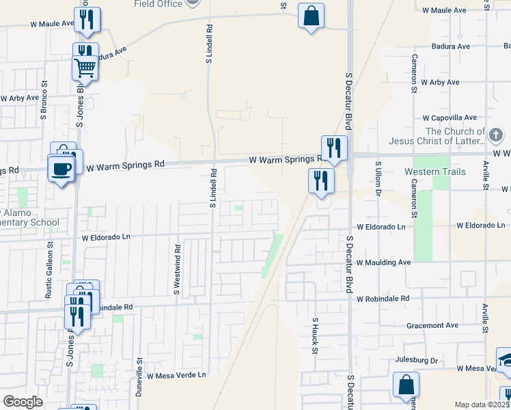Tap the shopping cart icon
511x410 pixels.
pos(85,68)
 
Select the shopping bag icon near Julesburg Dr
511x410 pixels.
pos(406,384)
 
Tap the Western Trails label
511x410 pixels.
pos(435,171)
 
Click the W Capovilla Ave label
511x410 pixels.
pos(449,118)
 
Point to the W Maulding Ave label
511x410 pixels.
pos(383,262)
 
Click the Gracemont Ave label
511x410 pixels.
pos(432,325)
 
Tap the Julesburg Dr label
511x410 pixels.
pos(416,359)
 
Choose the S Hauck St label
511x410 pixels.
pos(316,335)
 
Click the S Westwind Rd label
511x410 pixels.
pos(176,270)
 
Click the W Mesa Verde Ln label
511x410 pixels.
pos(176,375)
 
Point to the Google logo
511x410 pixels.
pos(23,402)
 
